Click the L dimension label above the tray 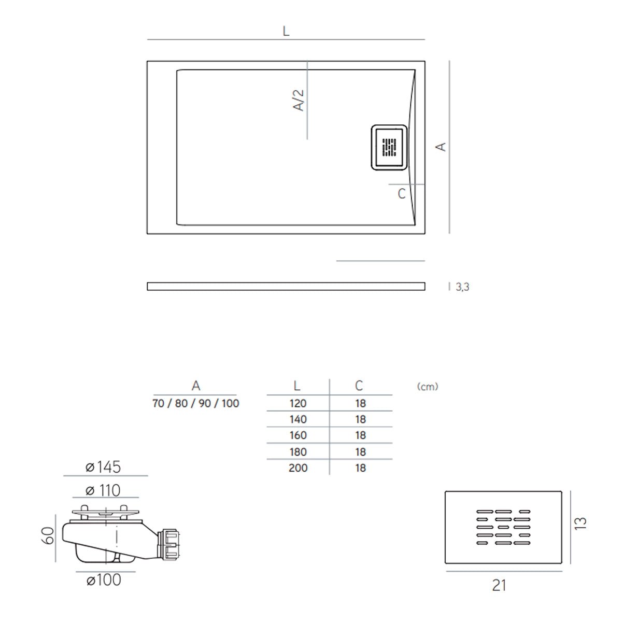pyautogui.click(x=286, y=31)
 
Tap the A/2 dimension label pyautogui.click(x=299, y=100)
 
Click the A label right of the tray pyautogui.click(x=441, y=147)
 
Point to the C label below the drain pyautogui.click(x=401, y=194)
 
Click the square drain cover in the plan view pyautogui.click(x=389, y=147)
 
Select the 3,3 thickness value pyautogui.click(x=462, y=287)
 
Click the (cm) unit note pyautogui.click(x=428, y=387)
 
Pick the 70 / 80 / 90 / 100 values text pyautogui.click(x=196, y=403)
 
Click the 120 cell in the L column pyautogui.click(x=298, y=403)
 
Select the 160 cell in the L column pyautogui.click(x=298, y=435)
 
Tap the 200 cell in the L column pyautogui.click(x=298, y=468)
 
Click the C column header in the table pyautogui.click(x=359, y=386)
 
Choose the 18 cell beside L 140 pyautogui.click(x=361, y=419)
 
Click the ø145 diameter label pyautogui.click(x=103, y=467)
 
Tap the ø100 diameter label pyautogui.click(x=104, y=580)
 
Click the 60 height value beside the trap pyautogui.click(x=48, y=535)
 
